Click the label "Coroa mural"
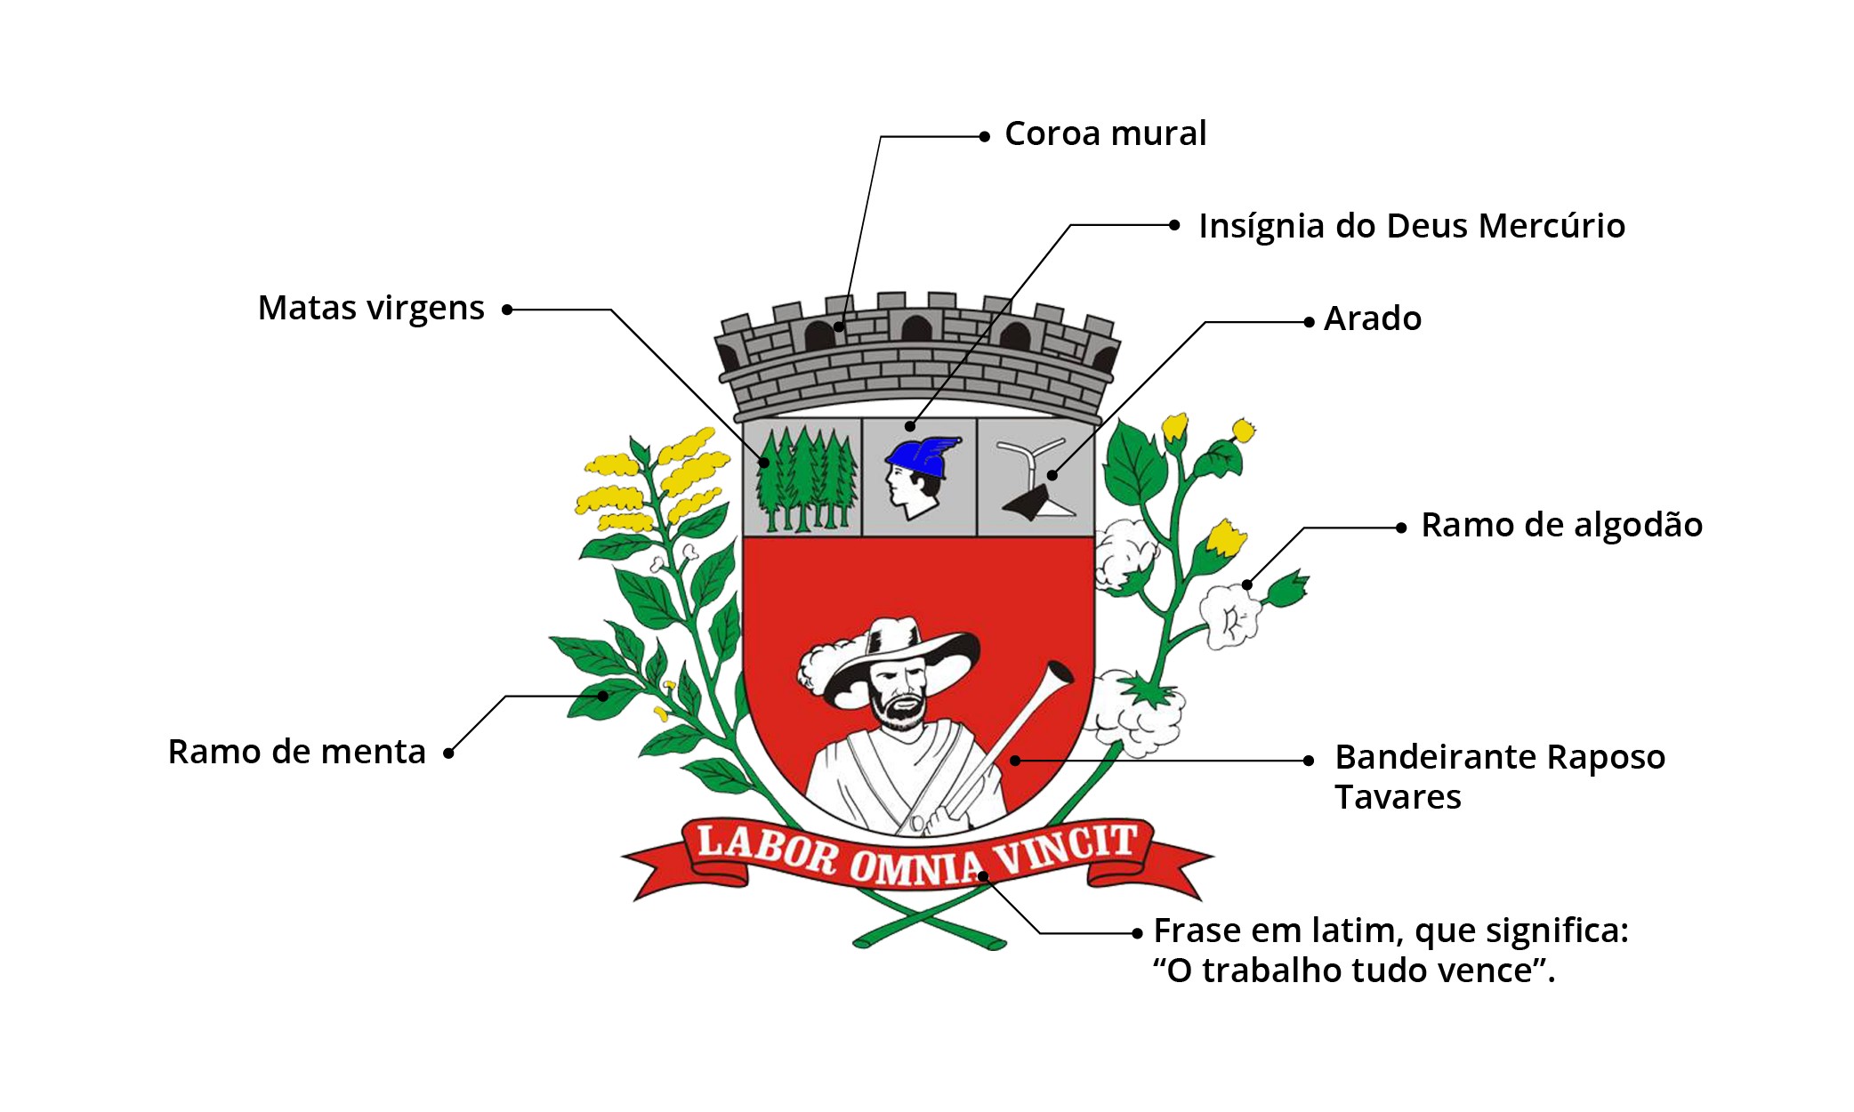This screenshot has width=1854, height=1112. pyautogui.click(x=1105, y=134)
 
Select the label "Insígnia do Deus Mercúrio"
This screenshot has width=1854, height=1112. pyautogui.click(x=1411, y=226)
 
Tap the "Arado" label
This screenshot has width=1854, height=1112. pyautogui.click(x=1372, y=318)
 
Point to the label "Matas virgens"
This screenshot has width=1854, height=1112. pyautogui.click(x=370, y=309)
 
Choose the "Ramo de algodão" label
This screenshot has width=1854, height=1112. pyautogui.click(x=1561, y=525)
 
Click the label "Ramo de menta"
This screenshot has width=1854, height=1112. pyautogui.click(x=296, y=752)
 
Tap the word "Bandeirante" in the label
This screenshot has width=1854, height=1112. pyautogui.click(x=1436, y=757)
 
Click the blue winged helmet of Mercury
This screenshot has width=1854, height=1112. pyautogui.click(x=923, y=455)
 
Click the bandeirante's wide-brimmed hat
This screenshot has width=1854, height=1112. pyautogui.click(x=899, y=654)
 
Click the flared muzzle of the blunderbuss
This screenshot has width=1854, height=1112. pyautogui.click(x=1060, y=673)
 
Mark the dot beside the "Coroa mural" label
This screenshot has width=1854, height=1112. pyautogui.click(x=984, y=137)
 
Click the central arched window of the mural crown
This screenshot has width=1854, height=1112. pyautogui.click(x=915, y=328)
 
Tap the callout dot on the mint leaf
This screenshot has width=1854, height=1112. pyautogui.click(x=603, y=696)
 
